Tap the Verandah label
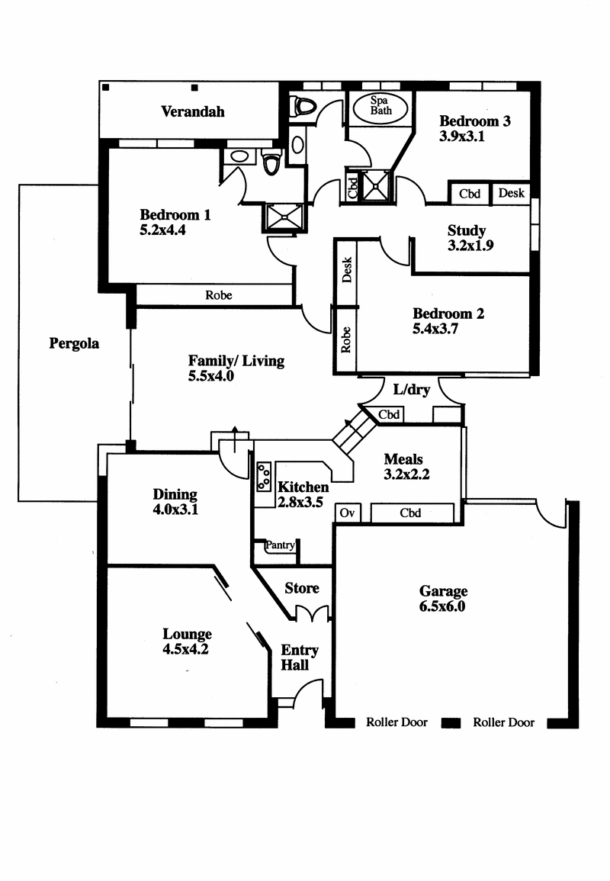[x=193, y=111]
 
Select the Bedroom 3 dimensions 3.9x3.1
[x=462, y=137]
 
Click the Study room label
[x=467, y=230]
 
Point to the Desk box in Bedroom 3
[x=511, y=193]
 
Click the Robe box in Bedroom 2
[x=346, y=337]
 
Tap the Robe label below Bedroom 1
[x=218, y=295]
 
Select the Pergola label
[x=74, y=343]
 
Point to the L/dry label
[x=412, y=390]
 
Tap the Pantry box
[x=280, y=545]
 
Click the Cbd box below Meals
[x=410, y=513]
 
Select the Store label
[x=301, y=588]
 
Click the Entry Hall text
[x=299, y=658]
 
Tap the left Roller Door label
[x=396, y=722]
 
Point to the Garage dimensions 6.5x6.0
[x=442, y=607]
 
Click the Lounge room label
[x=187, y=634]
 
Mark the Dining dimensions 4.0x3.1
[x=175, y=510]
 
